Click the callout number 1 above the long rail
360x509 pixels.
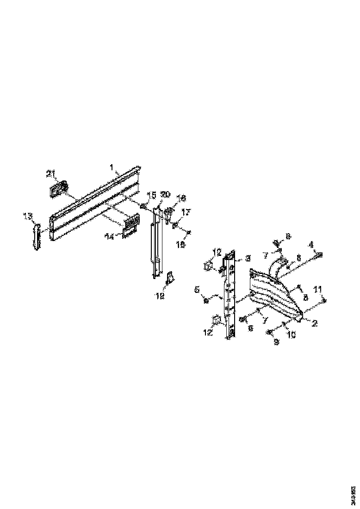coord(111,167)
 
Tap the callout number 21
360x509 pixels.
coord(50,174)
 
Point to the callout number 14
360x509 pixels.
coord(110,236)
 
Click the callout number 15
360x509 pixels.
coord(152,195)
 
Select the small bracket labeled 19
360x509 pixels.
coord(170,278)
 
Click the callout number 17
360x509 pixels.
coord(186,212)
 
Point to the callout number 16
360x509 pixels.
coord(181,198)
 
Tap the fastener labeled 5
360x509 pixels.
coord(206,301)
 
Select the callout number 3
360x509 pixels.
coord(248,257)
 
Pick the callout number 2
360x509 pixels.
coord(314,324)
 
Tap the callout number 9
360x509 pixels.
coord(277,343)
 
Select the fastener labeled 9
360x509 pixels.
coord(269,332)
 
